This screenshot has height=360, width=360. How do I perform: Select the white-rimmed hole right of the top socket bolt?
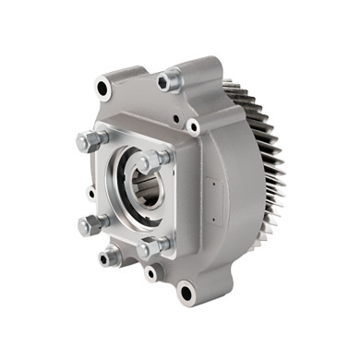[193, 126]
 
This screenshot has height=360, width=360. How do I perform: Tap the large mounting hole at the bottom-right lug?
[187, 294]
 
